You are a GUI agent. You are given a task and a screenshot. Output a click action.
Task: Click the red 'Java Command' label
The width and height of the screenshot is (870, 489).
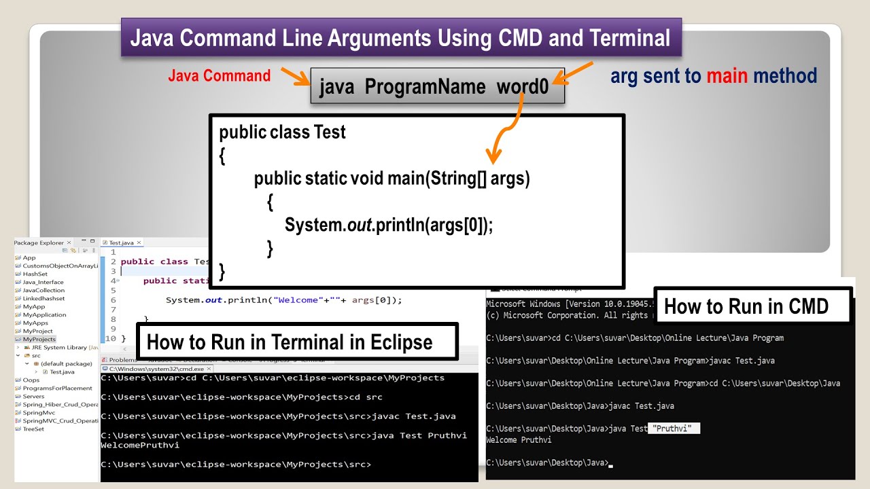coord(219,76)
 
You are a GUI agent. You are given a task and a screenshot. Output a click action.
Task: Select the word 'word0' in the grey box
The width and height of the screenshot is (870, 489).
coord(522,88)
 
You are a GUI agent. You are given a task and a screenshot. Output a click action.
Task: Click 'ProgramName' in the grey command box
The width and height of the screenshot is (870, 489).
coord(425,88)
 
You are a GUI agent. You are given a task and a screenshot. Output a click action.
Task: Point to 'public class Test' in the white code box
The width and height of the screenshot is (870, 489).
coord(282,132)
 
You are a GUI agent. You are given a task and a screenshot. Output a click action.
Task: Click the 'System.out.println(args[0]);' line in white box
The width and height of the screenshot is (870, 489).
coord(388,225)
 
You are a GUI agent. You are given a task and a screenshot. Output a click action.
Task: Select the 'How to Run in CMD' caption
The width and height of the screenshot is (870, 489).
coord(746,306)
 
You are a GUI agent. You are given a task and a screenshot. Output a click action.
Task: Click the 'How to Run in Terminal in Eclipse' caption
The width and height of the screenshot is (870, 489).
coord(290,342)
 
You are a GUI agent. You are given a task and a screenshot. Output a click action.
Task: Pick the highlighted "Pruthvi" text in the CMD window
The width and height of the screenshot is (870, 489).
coord(673,429)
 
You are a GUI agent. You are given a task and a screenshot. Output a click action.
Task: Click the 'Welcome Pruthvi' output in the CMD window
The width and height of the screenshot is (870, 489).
coord(519,440)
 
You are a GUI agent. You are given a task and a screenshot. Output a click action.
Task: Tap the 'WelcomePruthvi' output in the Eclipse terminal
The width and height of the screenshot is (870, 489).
coord(140,446)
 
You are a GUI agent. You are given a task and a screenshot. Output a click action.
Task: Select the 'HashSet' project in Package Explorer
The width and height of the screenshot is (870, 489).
coord(35,274)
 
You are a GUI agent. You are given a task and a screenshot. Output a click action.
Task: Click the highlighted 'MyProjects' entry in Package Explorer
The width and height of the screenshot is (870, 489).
coord(39,339)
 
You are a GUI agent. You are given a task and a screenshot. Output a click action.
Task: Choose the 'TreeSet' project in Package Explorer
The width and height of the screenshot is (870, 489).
coord(33,429)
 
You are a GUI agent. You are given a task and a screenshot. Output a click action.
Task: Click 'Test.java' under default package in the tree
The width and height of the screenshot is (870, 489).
coord(62,372)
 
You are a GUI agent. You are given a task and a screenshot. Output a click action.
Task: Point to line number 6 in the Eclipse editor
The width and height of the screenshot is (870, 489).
coord(113,300)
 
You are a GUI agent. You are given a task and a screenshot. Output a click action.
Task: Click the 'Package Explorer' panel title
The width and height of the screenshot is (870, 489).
coord(39,242)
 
